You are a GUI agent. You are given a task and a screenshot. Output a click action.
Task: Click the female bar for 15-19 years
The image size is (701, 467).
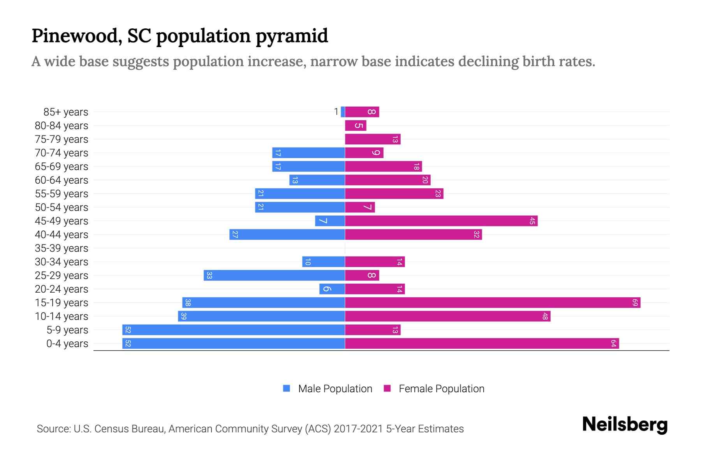493,302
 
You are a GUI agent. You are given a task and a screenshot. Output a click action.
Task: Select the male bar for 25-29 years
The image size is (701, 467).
274,275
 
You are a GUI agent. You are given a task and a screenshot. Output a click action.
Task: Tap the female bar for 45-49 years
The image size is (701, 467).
441,221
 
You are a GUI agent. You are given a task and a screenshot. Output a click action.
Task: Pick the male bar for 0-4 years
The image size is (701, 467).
234,343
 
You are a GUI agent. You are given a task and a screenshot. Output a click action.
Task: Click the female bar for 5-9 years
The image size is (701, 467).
373,330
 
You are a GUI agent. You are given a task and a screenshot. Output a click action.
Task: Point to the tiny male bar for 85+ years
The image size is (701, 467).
343,112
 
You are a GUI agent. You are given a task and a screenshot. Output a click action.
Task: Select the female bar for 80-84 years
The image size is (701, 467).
356,125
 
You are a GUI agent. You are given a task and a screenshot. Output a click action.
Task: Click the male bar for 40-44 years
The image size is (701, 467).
287,234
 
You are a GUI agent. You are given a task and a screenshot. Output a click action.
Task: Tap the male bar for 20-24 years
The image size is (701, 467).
332,289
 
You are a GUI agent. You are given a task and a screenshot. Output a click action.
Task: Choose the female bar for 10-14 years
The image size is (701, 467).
447,316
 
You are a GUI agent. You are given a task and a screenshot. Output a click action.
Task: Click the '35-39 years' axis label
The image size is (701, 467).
62,248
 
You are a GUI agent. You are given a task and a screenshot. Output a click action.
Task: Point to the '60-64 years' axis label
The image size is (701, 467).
62,180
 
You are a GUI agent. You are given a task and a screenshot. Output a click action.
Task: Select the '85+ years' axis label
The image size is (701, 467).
66,112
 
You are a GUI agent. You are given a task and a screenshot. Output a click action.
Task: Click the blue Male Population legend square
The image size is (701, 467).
287,388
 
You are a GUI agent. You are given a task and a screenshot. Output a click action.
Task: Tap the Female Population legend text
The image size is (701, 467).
441,388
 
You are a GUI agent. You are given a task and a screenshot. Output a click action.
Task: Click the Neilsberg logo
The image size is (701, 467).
625,425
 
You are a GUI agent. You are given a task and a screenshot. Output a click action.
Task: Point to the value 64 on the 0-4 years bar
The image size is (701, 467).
613,343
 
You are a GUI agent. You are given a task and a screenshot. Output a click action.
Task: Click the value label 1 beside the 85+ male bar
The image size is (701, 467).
336,112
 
